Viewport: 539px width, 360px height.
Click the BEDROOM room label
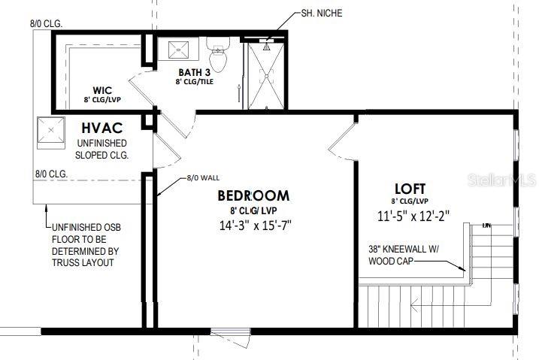[253, 195]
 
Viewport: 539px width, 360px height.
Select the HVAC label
[101, 128]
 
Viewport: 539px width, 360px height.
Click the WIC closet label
[102, 90]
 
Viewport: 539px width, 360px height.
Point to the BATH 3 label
[194, 72]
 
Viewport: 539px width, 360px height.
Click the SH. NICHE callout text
[322, 13]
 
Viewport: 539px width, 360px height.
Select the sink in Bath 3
[178, 50]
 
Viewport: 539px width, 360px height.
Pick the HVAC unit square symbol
[51, 130]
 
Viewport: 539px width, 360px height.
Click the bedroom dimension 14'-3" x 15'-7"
[255, 225]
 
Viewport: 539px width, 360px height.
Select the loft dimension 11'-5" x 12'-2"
[413, 216]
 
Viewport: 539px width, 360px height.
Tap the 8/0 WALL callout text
[203, 178]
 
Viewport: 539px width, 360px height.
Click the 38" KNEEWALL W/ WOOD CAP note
[404, 255]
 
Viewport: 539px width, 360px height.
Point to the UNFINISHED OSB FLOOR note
[86, 245]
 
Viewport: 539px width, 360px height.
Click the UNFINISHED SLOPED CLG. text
[101, 149]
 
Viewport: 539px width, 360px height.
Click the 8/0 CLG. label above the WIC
[46, 24]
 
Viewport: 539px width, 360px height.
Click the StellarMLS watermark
[501, 180]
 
